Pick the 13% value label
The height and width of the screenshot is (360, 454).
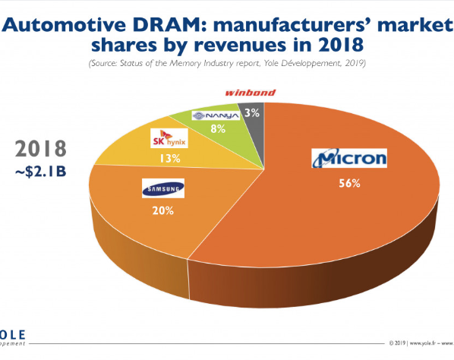click(170, 158)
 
